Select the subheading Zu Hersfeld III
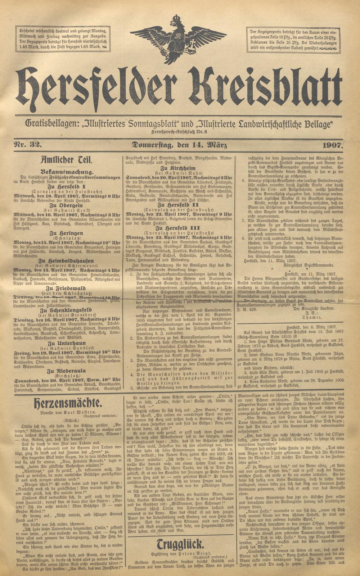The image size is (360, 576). click(x=179, y=228)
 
